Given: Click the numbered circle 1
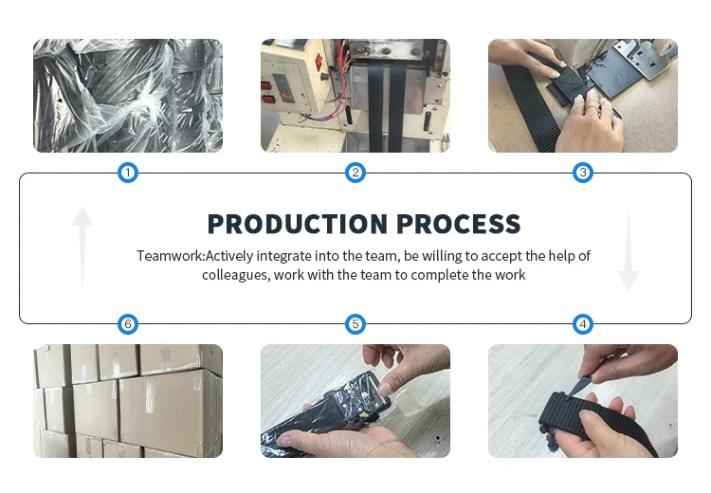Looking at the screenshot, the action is [128, 173].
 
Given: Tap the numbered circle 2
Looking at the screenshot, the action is [355, 173].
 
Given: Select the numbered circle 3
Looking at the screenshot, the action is [583, 173].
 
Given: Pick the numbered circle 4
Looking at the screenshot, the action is [583, 324].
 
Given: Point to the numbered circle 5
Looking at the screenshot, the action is [355, 324].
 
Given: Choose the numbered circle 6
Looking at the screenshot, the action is [128, 324].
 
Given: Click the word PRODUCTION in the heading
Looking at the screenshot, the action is [298, 224].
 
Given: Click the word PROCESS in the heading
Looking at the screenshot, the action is [459, 224].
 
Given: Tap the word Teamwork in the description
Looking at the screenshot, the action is [170, 256].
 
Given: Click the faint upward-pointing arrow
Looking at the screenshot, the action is [82, 247].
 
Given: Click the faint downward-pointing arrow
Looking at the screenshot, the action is [629, 249].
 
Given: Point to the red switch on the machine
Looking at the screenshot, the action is [319, 61].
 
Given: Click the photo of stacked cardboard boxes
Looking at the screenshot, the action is [128, 401].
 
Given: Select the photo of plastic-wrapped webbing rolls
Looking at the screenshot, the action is [128, 96].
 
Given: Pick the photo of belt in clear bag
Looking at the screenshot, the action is [355, 401].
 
